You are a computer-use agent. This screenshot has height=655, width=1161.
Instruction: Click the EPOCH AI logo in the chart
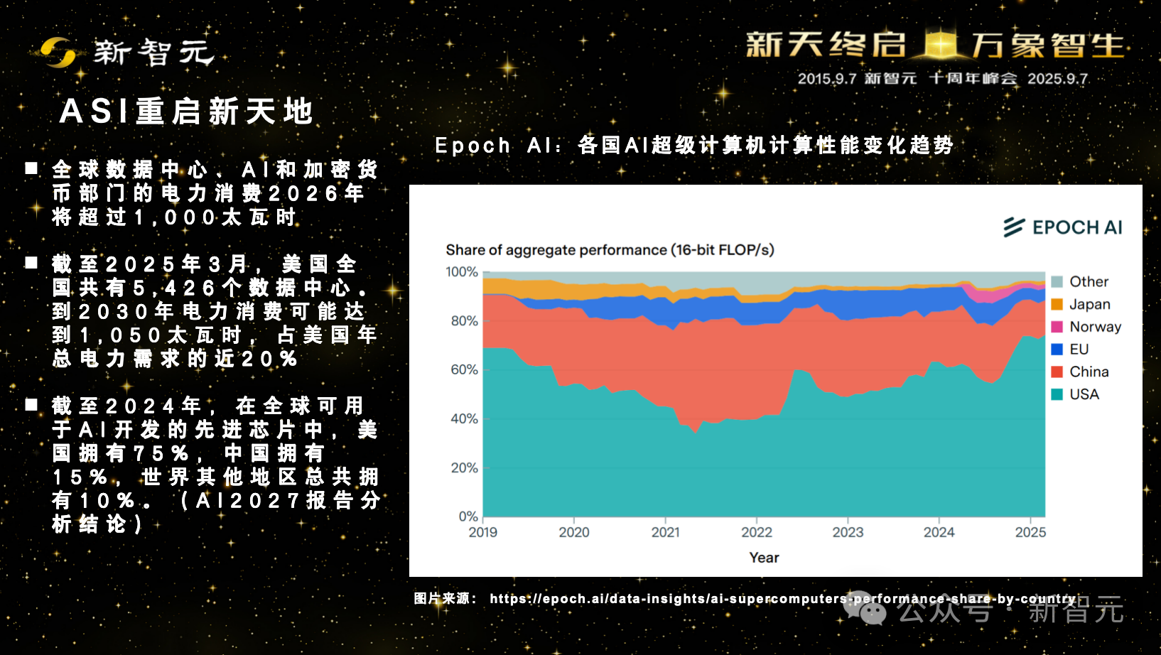(1063, 227)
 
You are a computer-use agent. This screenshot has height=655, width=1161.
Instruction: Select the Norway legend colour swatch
(1057, 327)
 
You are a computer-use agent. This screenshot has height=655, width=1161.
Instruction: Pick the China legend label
(1089, 372)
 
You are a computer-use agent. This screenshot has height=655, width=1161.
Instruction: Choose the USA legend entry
(1084, 394)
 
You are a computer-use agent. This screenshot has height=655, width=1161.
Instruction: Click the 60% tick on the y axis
(464, 369)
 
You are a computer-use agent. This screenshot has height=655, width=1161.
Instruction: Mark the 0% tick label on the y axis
(468, 516)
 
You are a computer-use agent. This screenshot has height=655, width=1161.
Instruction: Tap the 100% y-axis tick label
(462, 272)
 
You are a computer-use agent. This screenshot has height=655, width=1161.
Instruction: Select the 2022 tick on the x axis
(757, 532)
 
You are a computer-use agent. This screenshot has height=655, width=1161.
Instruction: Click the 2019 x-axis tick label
(483, 532)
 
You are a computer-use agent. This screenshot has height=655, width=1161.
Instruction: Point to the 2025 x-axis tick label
(1030, 532)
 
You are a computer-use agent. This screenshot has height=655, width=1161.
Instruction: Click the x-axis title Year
(764, 558)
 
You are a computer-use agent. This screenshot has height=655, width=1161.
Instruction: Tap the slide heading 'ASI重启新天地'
(186, 112)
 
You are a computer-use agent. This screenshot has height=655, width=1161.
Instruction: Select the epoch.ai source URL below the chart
(782, 599)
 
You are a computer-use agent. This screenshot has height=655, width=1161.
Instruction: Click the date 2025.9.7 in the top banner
(1057, 79)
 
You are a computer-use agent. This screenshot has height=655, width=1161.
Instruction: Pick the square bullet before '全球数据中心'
(31, 168)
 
